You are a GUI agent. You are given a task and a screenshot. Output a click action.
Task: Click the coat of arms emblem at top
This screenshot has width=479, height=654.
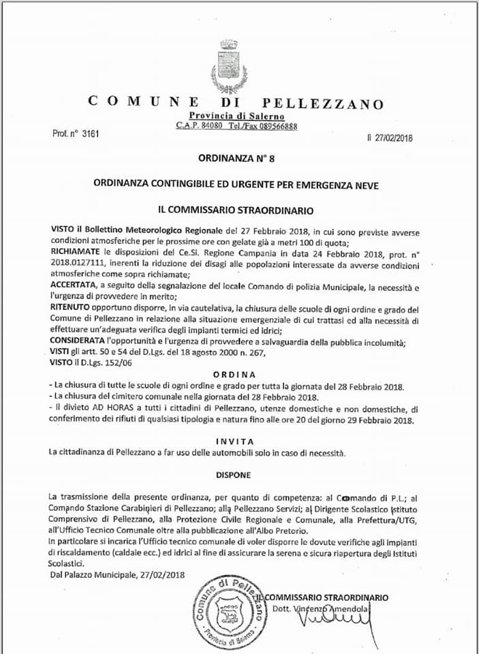(228, 66)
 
